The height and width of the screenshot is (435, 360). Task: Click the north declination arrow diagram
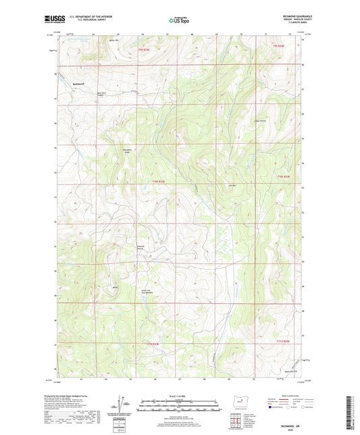pyautogui.click(x=122, y=407)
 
